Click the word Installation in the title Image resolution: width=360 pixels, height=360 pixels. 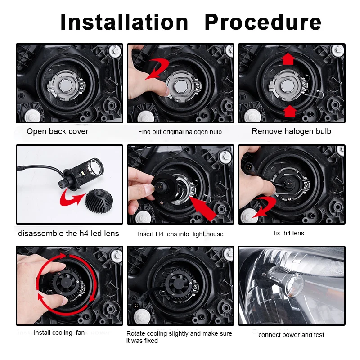(124, 22)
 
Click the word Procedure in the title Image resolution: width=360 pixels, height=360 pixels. (263, 22)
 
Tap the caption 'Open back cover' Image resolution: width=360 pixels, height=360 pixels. (58, 131)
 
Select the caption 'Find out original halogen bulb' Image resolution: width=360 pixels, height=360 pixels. (180, 132)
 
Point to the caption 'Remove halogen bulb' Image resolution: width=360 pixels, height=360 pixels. (291, 131)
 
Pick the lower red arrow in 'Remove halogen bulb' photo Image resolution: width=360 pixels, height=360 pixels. (289, 111)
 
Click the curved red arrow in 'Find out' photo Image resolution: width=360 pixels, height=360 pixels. (157, 69)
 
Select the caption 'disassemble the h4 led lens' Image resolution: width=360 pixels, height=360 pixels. (68, 234)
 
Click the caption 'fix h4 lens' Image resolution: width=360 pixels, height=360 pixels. (289, 233)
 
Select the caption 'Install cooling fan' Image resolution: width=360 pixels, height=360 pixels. (59, 333)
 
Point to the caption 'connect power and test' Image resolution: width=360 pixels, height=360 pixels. (291, 335)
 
